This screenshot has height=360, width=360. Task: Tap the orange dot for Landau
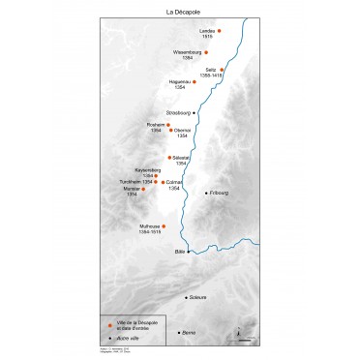point(218,32)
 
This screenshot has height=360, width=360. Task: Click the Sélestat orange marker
point(170,157)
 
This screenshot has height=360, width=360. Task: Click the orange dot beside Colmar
point(164,182)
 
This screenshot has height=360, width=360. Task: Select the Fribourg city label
point(218,193)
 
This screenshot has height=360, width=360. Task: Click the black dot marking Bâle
point(188,251)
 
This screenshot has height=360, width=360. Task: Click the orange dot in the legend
point(110,325)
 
